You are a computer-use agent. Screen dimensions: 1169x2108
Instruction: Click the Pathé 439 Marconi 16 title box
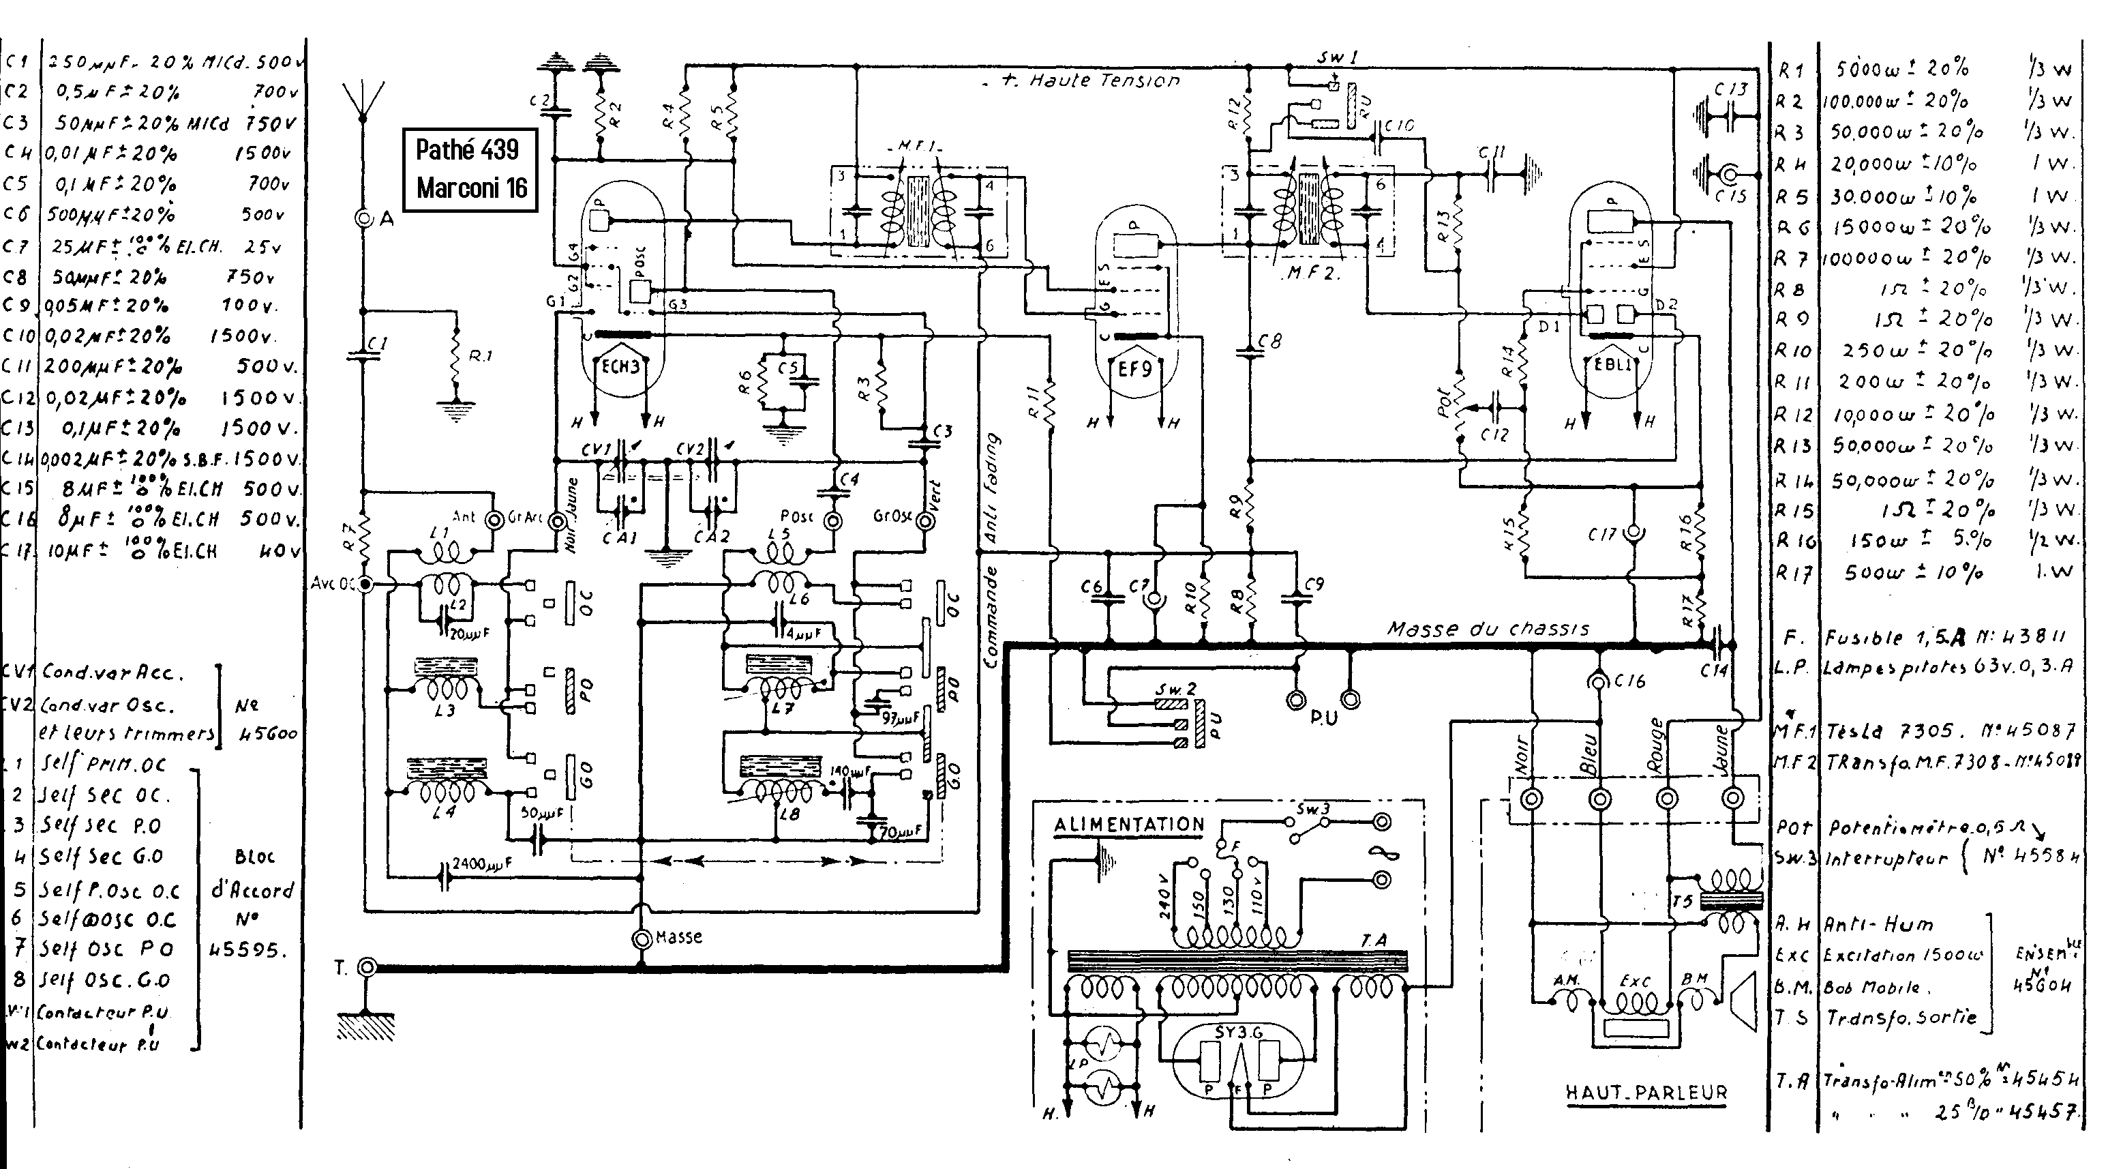point(471,169)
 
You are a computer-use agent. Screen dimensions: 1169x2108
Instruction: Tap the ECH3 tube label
point(621,368)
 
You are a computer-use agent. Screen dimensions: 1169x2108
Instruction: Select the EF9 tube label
point(1135,369)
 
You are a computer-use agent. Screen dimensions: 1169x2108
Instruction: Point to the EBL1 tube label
point(1613,365)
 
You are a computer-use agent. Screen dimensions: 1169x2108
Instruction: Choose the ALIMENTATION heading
point(1128,825)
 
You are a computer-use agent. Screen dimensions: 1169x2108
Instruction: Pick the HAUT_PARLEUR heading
point(1646,1093)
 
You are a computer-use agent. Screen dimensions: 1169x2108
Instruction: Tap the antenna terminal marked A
point(363,218)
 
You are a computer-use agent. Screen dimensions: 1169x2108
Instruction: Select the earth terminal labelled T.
point(368,968)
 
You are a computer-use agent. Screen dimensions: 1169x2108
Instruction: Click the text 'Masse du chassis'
point(1488,629)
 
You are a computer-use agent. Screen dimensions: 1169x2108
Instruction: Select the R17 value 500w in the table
point(1875,573)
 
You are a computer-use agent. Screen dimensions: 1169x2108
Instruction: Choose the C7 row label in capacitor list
point(16,246)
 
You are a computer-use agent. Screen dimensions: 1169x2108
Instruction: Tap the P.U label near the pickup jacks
point(1323,718)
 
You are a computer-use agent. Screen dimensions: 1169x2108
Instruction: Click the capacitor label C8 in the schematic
point(1271,342)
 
